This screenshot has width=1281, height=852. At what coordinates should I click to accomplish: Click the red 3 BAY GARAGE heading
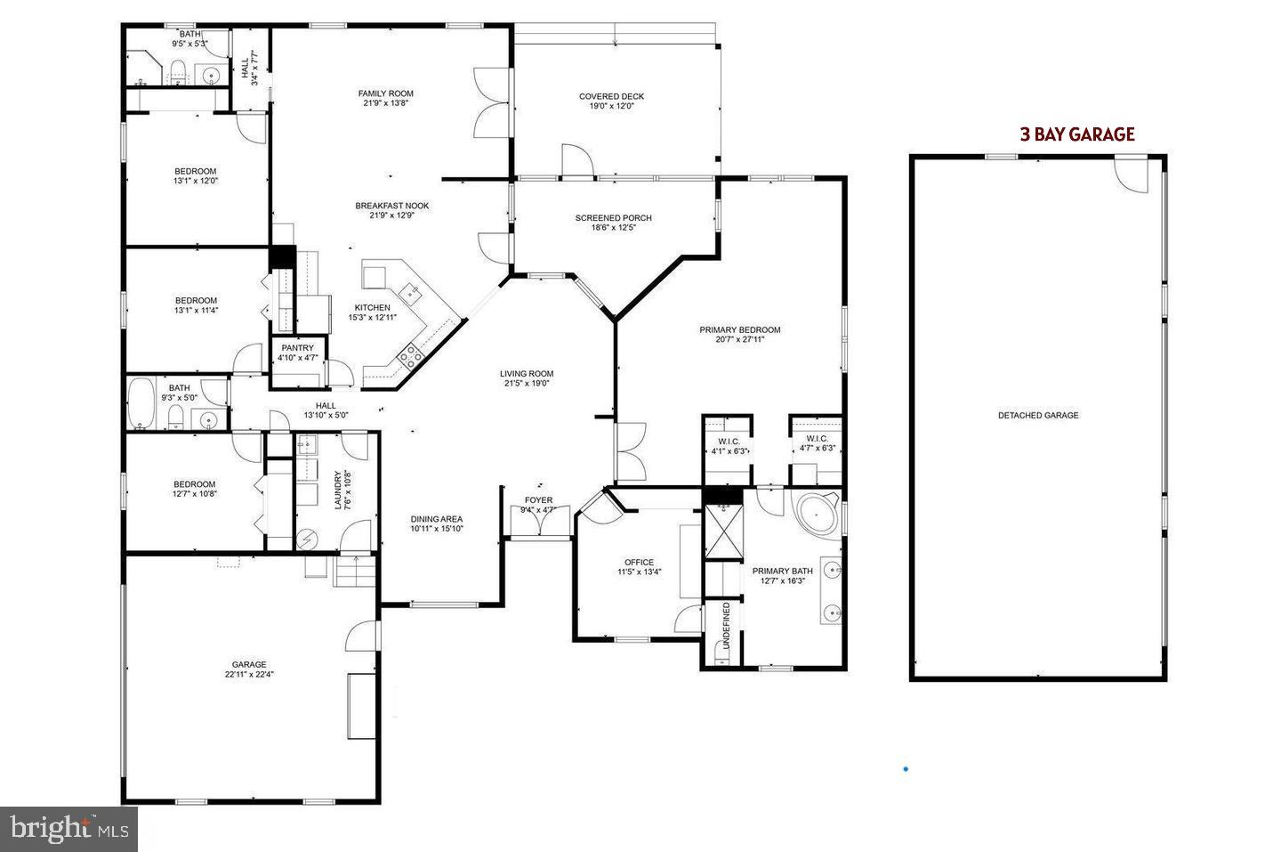[x=1076, y=134]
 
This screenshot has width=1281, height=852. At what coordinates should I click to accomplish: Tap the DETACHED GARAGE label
[x=1037, y=415]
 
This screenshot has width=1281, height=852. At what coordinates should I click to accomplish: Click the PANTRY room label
[x=298, y=348]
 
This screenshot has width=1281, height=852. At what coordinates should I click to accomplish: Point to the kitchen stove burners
[x=410, y=356]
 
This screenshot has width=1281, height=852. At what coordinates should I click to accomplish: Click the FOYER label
[x=538, y=500]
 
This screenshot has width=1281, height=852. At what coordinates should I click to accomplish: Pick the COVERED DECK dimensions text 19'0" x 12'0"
[x=611, y=106]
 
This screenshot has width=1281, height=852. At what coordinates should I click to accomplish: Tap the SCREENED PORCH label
[x=613, y=218]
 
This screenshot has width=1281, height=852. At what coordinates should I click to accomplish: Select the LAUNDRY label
[x=338, y=491]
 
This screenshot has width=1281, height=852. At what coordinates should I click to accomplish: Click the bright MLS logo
[x=68, y=829]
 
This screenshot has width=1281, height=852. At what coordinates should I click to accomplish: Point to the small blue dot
[x=906, y=768]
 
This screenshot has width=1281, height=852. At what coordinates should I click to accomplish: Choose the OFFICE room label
[x=639, y=562]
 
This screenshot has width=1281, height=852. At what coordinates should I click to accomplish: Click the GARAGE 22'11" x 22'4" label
[x=249, y=669]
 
